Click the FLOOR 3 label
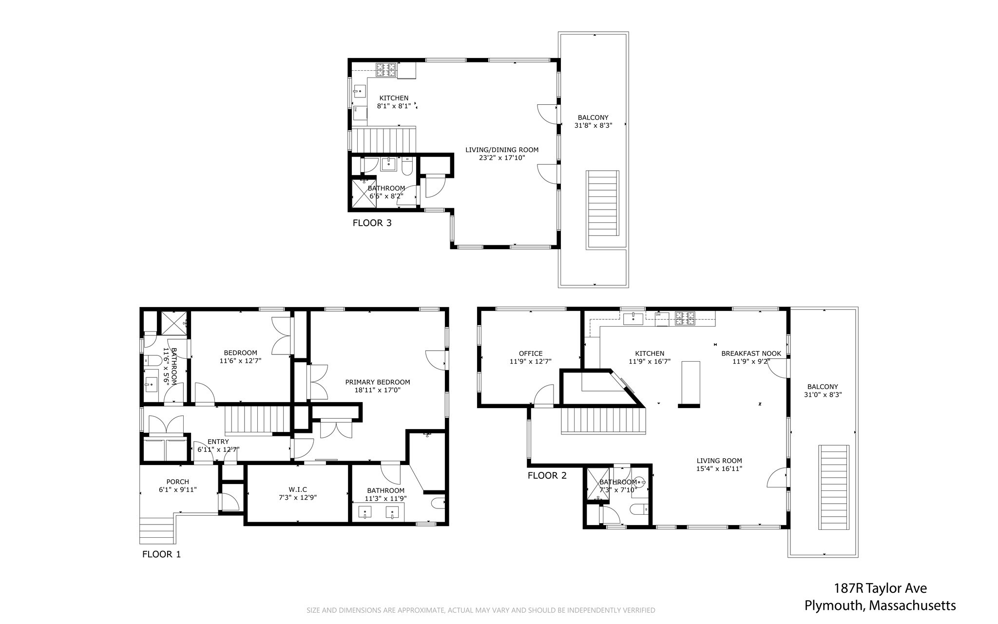pos(372,223)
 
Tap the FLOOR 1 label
pos(161,554)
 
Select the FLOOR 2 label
pos(547,475)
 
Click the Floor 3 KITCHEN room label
pos(394,98)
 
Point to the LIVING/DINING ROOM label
pos(502,150)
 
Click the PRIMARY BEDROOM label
pos(378,382)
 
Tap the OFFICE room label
pos(531,353)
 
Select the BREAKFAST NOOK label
pos(751,353)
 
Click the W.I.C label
pos(298,489)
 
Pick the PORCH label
pos(177,482)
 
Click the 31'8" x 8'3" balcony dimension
pos(593,125)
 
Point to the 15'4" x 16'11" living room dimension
pos(719,469)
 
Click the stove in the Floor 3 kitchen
pos(385,70)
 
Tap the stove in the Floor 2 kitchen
pos(685,319)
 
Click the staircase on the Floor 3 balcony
pos(602,210)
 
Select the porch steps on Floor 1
pos(157,530)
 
